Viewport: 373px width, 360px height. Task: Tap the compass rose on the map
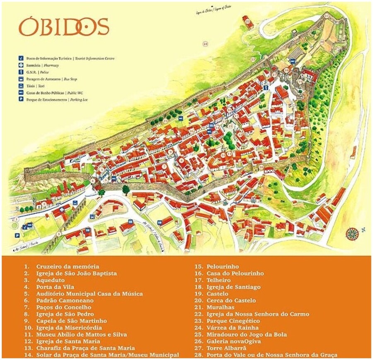click(x=352, y=234)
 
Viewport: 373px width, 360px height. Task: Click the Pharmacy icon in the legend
click(x=20, y=65)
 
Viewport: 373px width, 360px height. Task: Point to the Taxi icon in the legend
click(x=20, y=86)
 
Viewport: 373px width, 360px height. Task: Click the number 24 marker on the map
click(x=205, y=43)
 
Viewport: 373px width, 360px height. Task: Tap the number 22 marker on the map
click(x=247, y=21)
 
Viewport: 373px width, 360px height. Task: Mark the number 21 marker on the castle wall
click(x=326, y=16)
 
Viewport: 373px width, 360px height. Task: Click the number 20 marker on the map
click(x=321, y=42)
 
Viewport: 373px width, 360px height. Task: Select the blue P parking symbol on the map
click(x=17, y=235)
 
